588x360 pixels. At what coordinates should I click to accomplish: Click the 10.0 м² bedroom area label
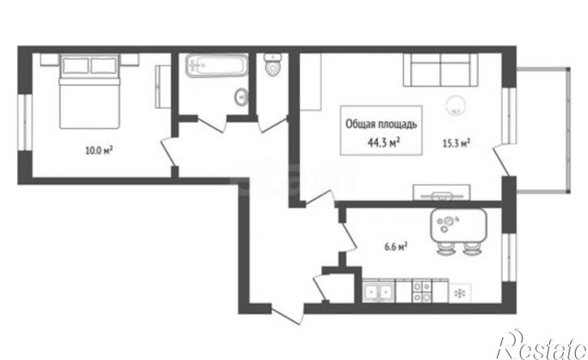pyautogui.click(x=100, y=151)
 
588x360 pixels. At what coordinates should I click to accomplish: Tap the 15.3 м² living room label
pyautogui.click(x=457, y=144)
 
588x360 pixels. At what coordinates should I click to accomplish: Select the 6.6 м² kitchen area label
pyautogui.click(x=396, y=247)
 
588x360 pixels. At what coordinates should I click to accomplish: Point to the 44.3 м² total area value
pyautogui.click(x=383, y=143)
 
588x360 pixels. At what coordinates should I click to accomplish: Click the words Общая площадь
pyautogui.click(x=381, y=124)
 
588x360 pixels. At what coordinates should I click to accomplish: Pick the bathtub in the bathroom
pyautogui.click(x=217, y=65)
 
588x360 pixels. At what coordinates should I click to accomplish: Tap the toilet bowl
pyautogui.click(x=273, y=65)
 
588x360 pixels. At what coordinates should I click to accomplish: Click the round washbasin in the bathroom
pyautogui.click(x=241, y=97)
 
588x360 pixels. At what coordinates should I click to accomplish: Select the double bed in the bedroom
pyautogui.click(x=90, y=91)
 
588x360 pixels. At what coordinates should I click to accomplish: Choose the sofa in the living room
pyautogui.click(x=440, y=70)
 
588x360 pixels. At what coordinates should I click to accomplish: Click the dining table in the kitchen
pyautogui.click(x=458, y=225)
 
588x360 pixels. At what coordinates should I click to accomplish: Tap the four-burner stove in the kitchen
pyautogui.click(x=422, y=291)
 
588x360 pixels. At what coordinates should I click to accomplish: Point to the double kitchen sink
pyautogui.click(x=379, y=293)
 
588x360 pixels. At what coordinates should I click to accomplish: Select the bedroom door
pyautogui.click(x=168, y=152)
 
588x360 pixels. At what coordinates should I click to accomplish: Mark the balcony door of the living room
pyautogui.click(x=500, y=160)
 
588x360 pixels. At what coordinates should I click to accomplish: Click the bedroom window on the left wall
pyautogui.click(x=25, y=122)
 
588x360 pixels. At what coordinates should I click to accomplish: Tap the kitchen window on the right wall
pyautogui.click(x=509, y=257)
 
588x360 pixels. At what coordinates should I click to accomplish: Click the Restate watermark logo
pyautogui.click(x=541, y=345)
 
